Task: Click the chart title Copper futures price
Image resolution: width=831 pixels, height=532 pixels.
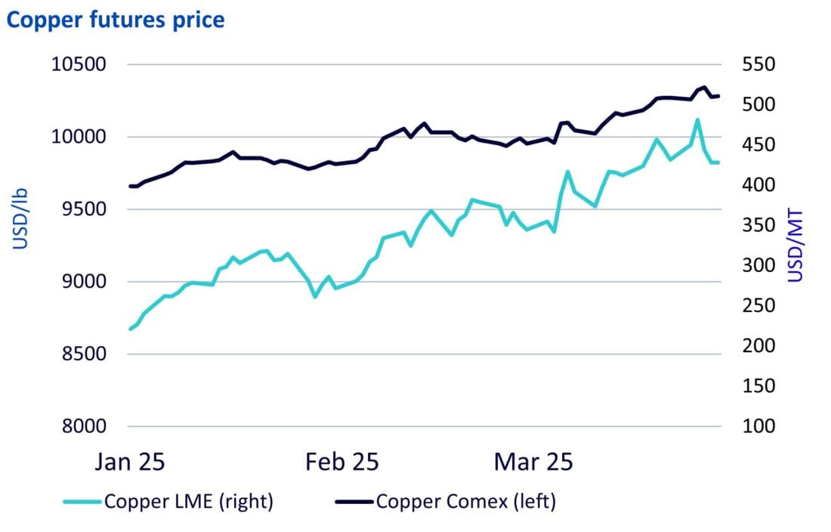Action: [x=116, y=20]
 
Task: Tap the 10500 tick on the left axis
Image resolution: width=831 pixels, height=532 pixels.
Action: [x=78, y=64]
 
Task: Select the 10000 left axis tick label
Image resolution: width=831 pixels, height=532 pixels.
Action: [x=78, y=137]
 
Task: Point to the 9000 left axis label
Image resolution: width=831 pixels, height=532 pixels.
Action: [x=83, y=281]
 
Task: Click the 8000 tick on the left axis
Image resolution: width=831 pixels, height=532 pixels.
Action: [x=83, y=425]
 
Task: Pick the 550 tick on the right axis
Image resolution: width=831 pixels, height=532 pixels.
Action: [x=758, y=64]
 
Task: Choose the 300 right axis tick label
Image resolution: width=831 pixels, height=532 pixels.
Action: [x=758, y=265]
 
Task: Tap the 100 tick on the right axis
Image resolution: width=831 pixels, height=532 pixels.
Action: [x=758, y=425]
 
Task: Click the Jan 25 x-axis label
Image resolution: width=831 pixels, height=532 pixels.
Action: [x=130, y=462]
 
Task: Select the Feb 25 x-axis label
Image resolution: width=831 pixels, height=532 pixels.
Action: [x=341, y=462]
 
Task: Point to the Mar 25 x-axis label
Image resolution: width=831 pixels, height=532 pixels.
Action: [x=533, y=462]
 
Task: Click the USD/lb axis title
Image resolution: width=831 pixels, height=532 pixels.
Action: [x=20, y=219]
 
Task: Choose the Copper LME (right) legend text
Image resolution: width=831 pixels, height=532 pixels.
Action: [x=189, y=501]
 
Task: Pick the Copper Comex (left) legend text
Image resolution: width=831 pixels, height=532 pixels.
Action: [x=465, y=501]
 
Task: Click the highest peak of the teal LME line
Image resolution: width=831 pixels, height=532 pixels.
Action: [x=697, y=119]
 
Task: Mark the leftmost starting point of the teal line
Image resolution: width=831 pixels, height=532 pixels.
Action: [x=130, y=329]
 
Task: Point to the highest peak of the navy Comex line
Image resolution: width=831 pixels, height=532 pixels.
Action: [x=704, y=87]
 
